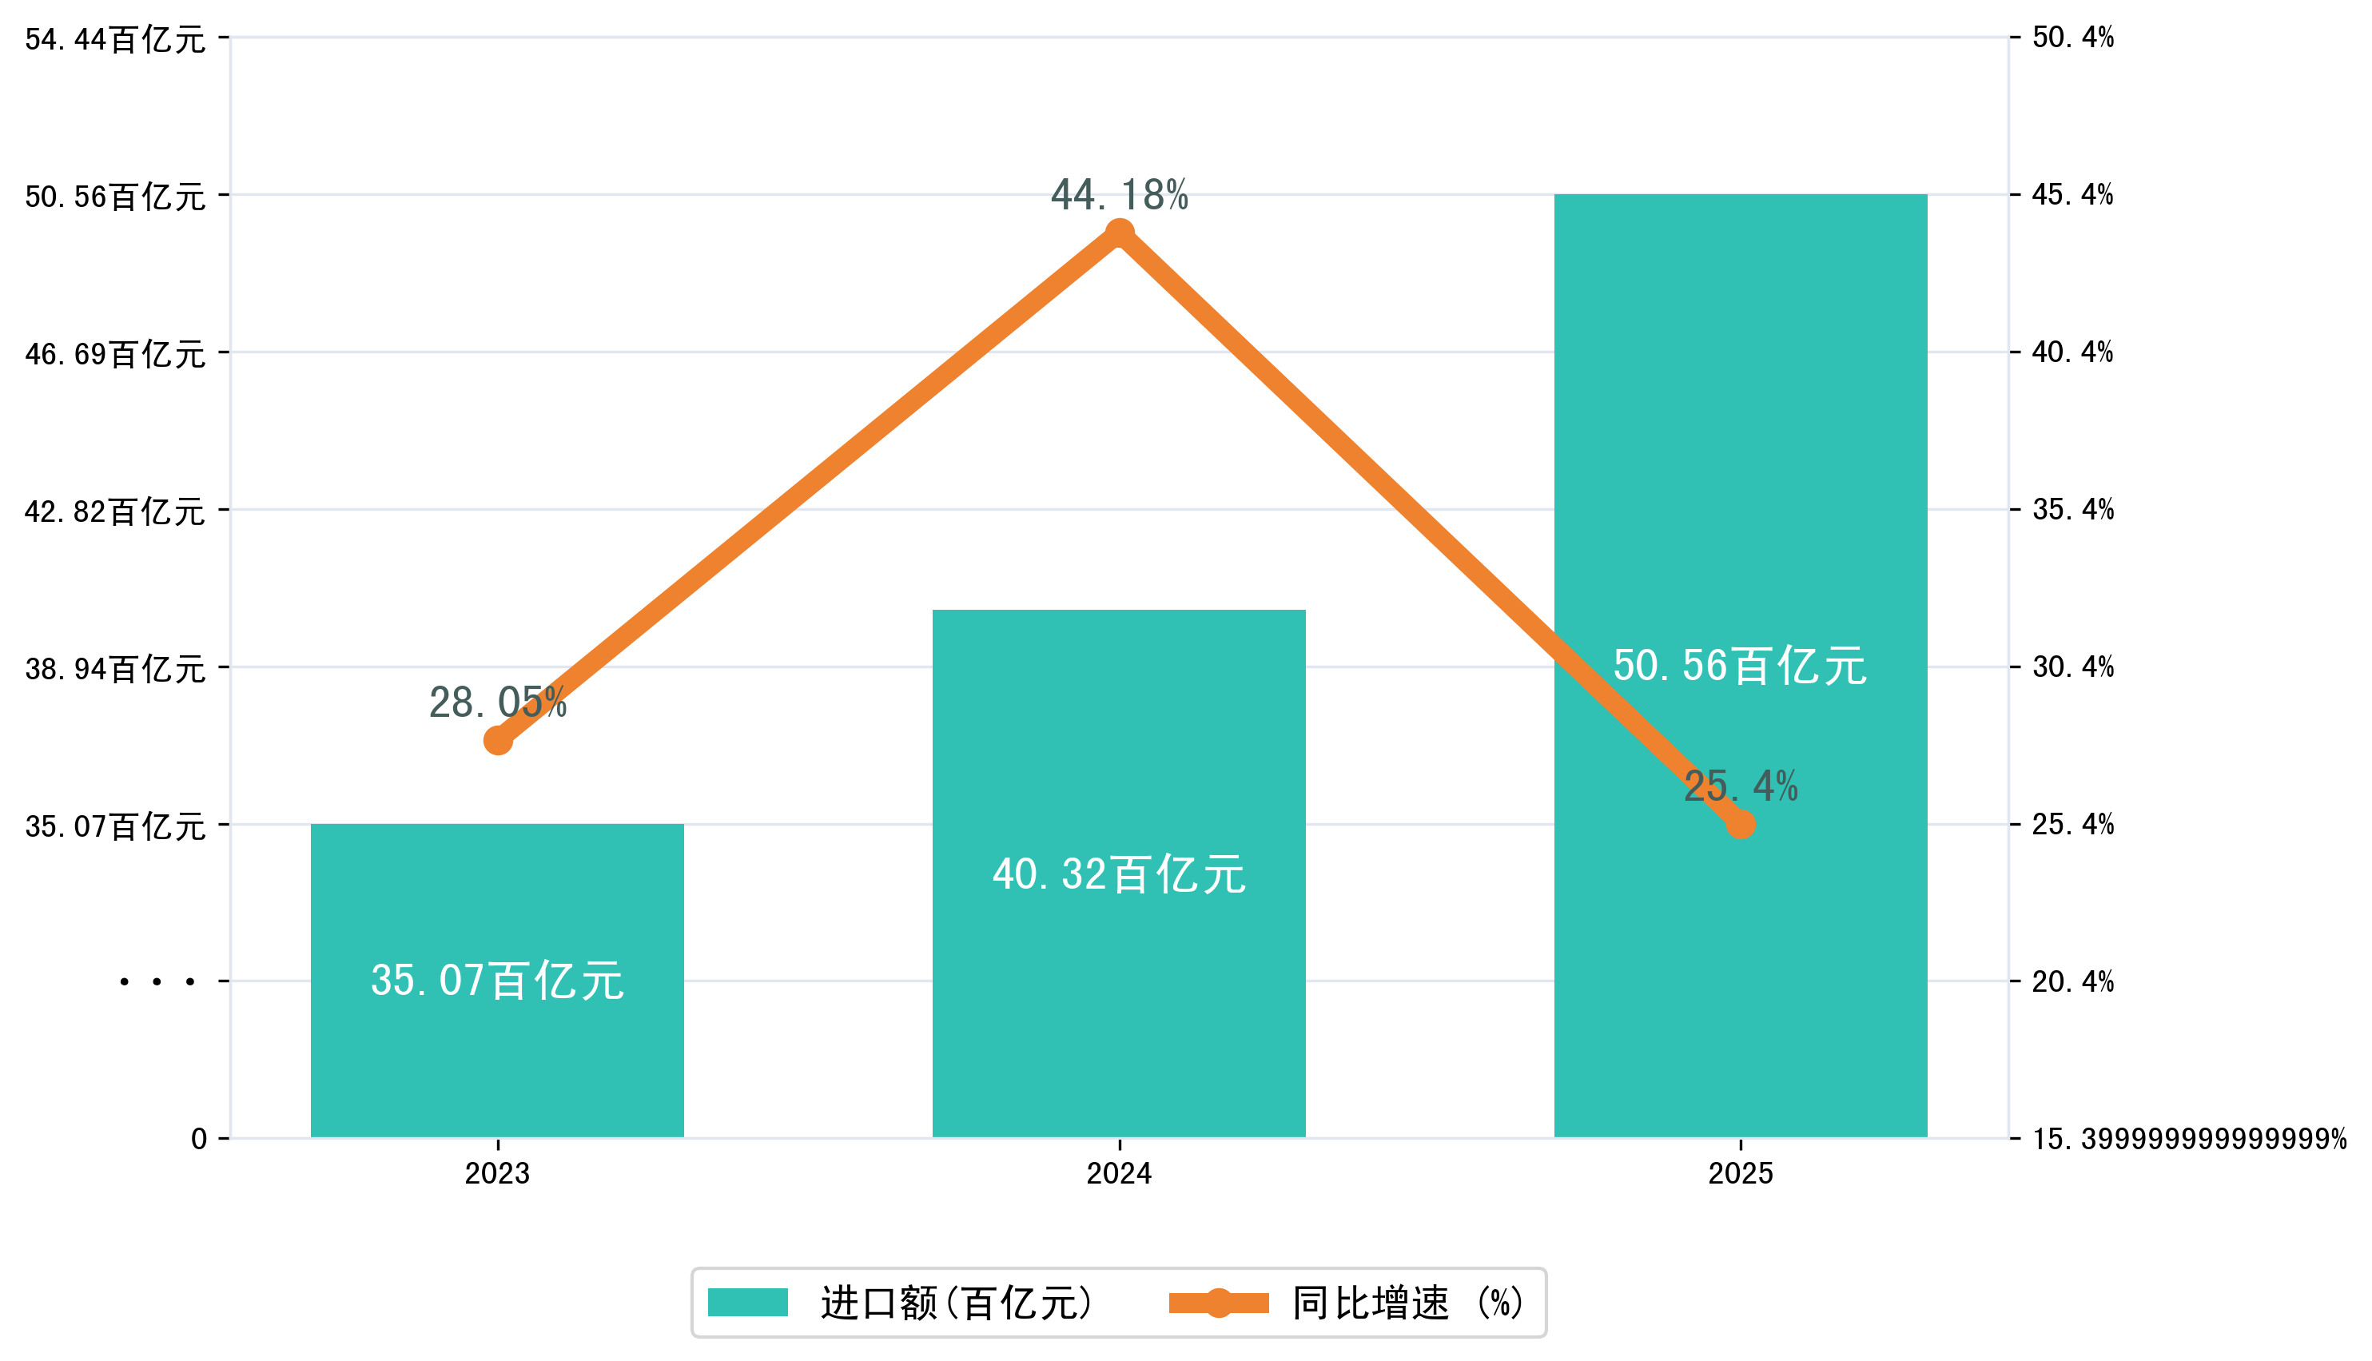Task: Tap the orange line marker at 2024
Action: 1120,233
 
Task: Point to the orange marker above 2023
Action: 498,740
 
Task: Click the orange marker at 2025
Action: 1740,825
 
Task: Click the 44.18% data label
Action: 1119,195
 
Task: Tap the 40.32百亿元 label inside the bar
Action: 1119,875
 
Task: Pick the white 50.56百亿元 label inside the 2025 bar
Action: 1739,667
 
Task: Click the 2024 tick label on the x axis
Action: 1119,1174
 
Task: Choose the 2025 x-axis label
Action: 1740,1174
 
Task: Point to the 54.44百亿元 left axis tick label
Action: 115,39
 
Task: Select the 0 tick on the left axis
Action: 199,1140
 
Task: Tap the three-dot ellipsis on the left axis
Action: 157,982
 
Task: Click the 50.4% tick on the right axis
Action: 2073,38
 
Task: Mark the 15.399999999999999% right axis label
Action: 2189,1140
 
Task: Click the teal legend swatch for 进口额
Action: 748,1302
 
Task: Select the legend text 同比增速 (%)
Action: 1407,1303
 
